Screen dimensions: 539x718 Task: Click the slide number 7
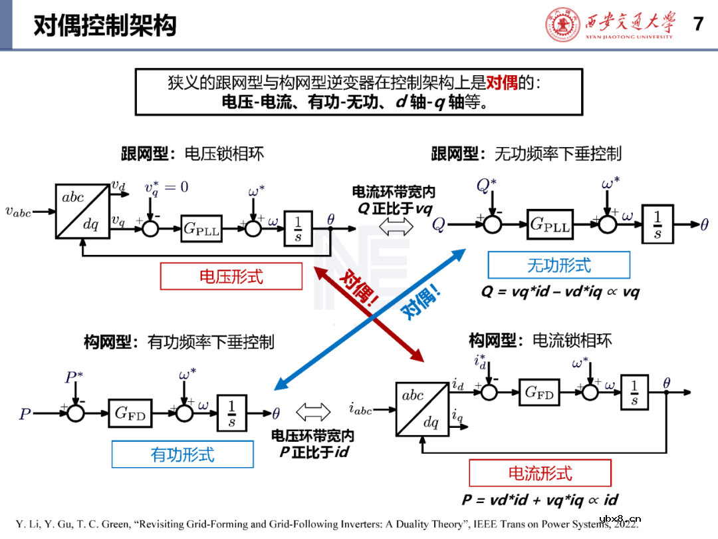tap(698, 24)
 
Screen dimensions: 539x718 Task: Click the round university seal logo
tap(562, 25)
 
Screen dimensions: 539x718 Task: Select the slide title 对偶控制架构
tap(105, 26)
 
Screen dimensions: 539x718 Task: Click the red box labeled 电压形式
tap(231, 276)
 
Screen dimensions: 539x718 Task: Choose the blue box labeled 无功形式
tap(558, 266)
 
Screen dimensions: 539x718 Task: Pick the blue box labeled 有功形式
tap(183, 454)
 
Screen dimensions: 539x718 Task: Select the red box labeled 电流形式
tap(540, 473)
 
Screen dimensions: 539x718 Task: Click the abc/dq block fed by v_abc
tap(82, 211)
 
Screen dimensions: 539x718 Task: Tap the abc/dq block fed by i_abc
tap(421, 409)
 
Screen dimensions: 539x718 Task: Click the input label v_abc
tap(18, 212)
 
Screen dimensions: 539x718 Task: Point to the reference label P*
tap(74, 378)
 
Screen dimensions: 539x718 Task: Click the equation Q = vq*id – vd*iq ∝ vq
tap(560, 291)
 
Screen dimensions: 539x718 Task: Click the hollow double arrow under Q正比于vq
tap(395, 226)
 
